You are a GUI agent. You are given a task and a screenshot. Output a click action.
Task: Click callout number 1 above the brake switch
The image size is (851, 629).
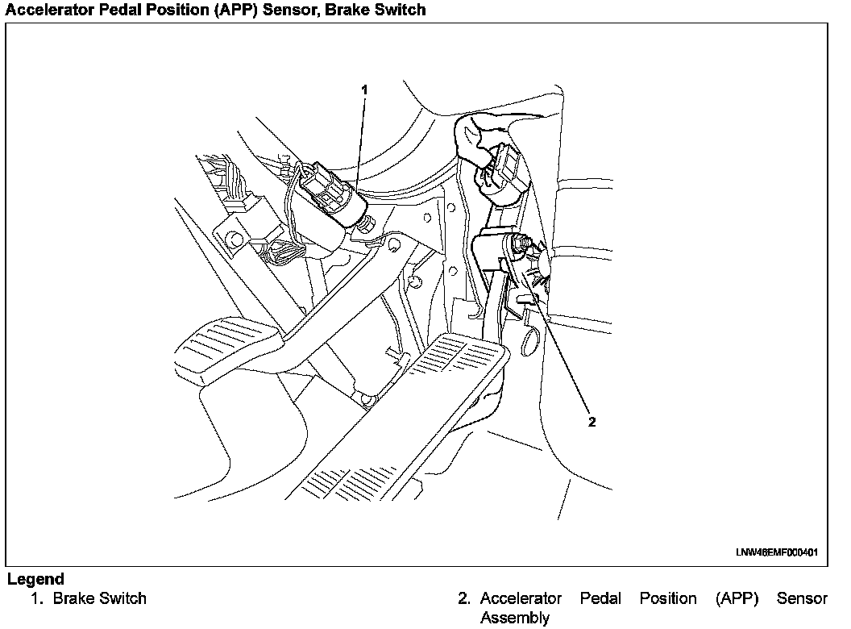364,90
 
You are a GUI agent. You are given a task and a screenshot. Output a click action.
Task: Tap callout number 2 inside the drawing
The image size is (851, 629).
592,422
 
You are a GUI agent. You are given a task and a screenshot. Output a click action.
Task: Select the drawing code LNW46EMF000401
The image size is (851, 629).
776,552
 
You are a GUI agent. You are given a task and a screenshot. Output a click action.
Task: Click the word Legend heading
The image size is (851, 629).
35,579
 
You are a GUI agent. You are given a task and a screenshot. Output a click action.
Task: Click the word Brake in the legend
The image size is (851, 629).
74,598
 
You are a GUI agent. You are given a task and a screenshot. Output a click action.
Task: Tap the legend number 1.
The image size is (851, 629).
35,598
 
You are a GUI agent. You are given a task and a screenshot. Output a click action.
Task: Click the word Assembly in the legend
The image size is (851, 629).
514,618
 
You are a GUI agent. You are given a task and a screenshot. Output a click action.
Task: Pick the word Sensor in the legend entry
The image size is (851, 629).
802,598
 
